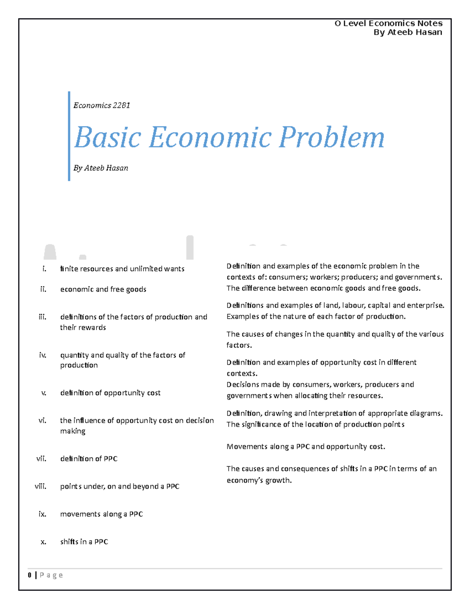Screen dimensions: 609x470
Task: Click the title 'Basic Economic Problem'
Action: tap(229, 137)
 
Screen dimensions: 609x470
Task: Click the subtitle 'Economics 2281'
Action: tap(101, 105)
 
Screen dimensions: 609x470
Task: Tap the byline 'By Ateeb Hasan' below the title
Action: tap(101, 168)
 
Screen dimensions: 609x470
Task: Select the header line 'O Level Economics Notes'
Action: tap(388, 23)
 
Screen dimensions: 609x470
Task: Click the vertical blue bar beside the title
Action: tap(69, 136)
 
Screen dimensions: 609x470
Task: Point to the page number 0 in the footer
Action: tap(30, 575)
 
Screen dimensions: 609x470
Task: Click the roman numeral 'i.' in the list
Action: tap(44, 269)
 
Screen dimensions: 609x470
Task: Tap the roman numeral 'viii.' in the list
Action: tap(40, 486)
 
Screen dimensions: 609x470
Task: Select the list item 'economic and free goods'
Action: tap(103, 289)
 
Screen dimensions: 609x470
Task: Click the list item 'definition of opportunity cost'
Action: tap(110, 393)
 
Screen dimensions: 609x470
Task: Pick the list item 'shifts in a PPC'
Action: tap(84, 542)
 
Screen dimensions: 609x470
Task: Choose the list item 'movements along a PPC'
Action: tap(101, 514)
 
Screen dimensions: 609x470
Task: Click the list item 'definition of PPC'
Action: tap(89, 458)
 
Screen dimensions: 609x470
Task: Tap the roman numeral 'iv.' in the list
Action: tap(43, 355)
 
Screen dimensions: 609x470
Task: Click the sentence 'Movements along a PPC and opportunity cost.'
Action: tap(305, 446)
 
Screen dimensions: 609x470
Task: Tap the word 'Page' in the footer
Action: tap(51, 575)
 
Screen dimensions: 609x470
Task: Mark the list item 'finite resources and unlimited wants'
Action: tap(122, 269)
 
